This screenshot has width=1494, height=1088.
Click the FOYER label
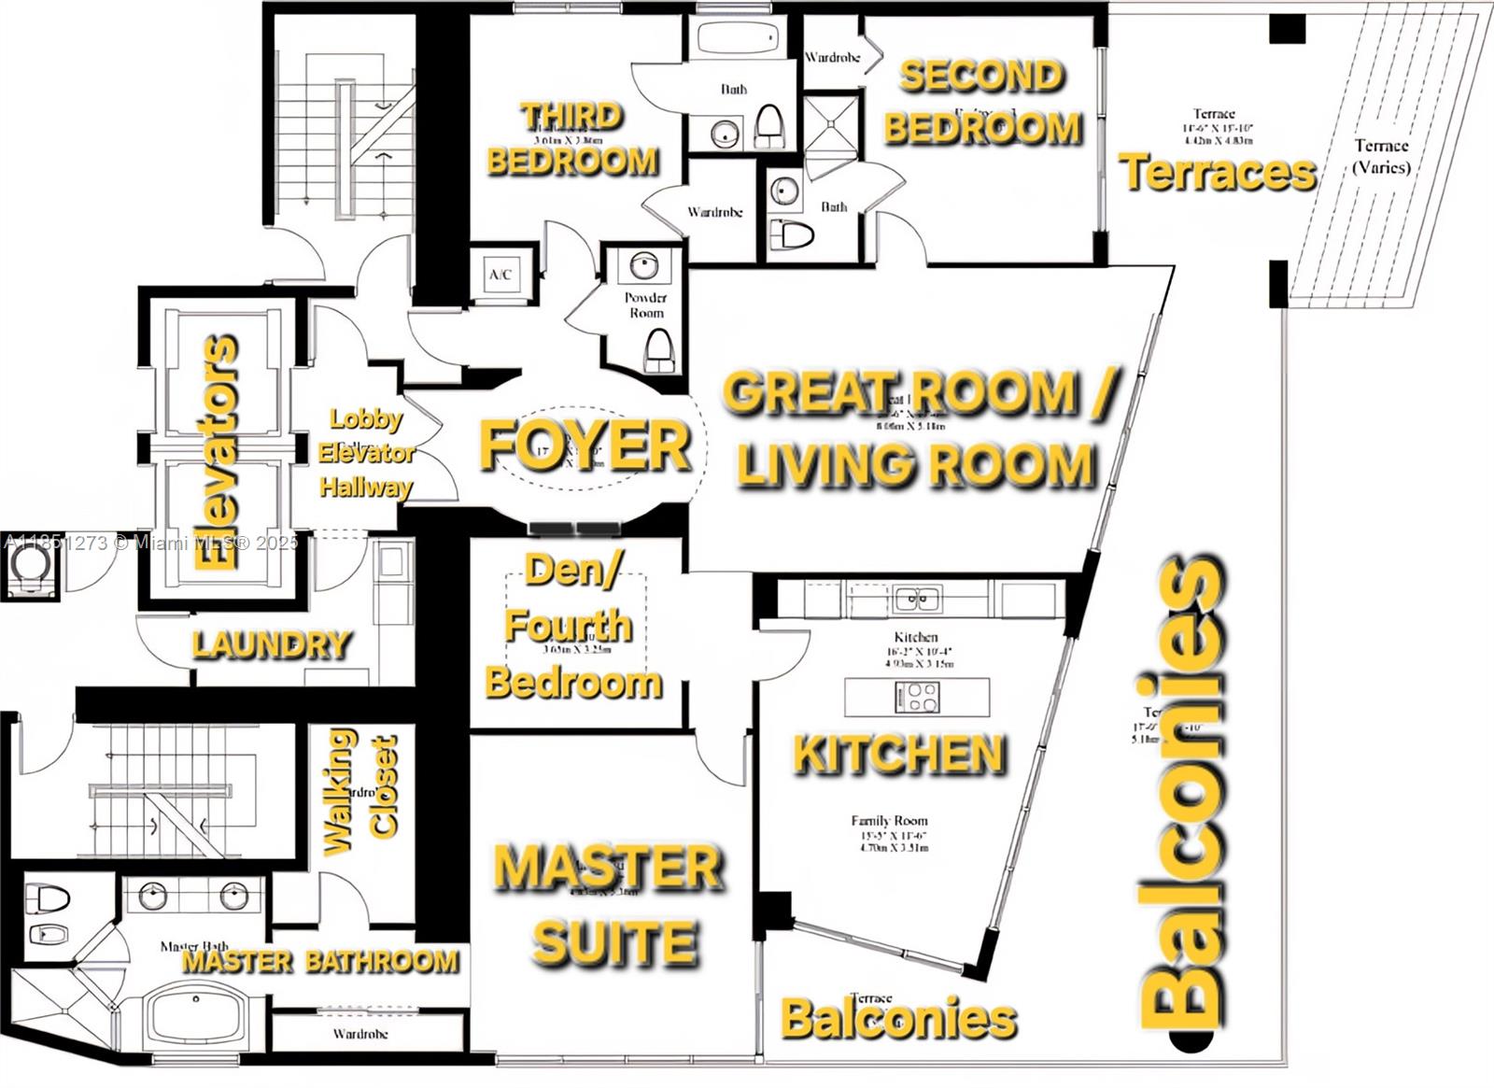pyautogui.click(x=585, y=445)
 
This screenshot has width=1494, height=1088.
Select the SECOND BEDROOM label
pyautogui.click(x=982, y=103)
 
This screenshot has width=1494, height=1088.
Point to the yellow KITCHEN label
pyautogui.click(x=900, y=755)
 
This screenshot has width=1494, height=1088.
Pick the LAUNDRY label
pyautogui.click(x=272, y=645)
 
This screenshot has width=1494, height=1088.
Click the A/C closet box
pyautogui.click(x=501, y=275)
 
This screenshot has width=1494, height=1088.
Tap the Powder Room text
pyautogui.click(x=645, y=305)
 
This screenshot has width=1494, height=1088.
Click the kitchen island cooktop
pyautogui.click(x=917, y=697)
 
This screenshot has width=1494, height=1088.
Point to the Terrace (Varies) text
pyautogui.click(x=1381, y=156)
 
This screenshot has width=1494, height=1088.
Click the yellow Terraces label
pyautogui.click(x=1218, y=173)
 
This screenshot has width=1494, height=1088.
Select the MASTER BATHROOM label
pyautogui.click(x=320, y=961)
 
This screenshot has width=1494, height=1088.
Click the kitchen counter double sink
pyautogui.click(x=916, y=599)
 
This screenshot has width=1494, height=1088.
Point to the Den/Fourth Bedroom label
pyautogui.click(x=571, y=627)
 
